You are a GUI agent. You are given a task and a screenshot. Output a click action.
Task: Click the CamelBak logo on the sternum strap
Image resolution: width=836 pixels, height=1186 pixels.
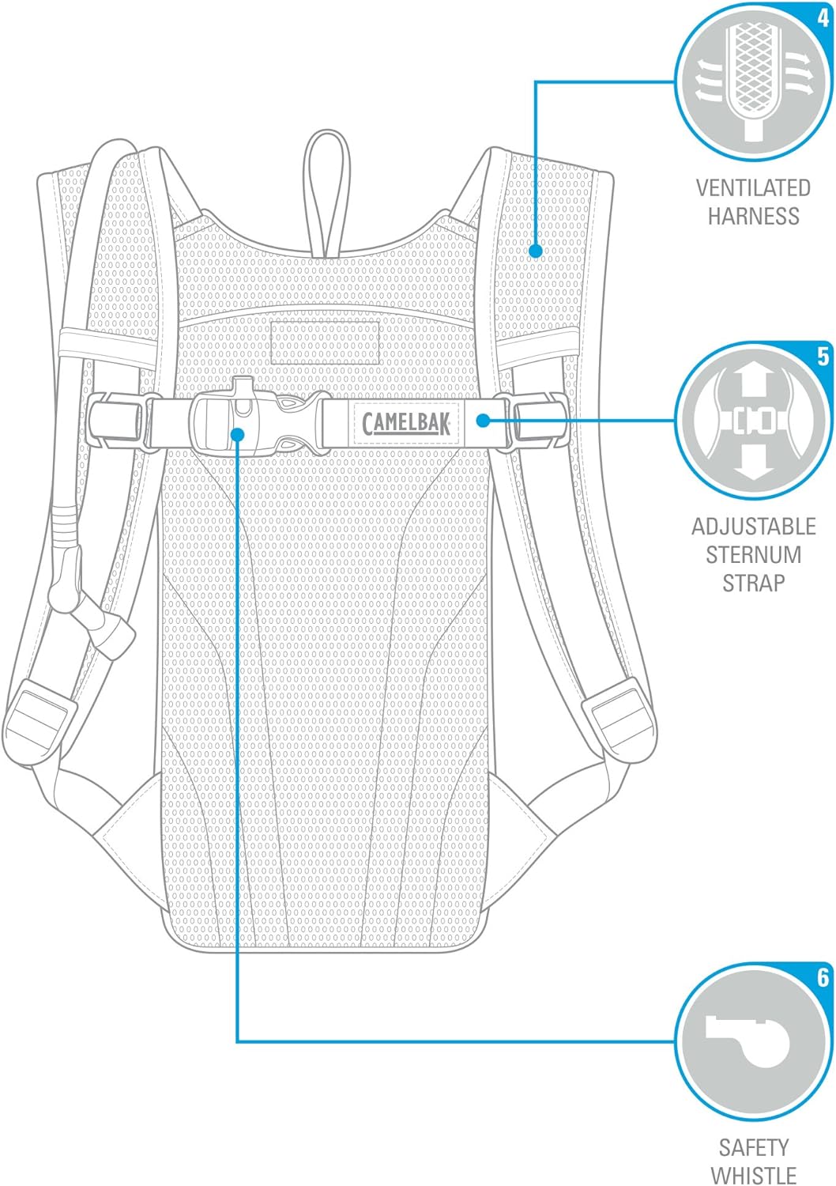406,422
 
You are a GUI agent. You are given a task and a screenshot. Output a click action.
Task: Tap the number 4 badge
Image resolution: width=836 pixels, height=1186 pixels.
823,18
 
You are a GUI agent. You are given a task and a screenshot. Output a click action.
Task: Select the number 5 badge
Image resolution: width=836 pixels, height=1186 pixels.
823,357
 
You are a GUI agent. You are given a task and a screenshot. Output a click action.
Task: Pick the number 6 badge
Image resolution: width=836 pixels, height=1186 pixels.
823,977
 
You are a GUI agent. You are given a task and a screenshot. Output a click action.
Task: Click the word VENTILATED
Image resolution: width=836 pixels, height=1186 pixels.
753,188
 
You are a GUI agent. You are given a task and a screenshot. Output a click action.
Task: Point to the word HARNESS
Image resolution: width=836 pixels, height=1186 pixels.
754,216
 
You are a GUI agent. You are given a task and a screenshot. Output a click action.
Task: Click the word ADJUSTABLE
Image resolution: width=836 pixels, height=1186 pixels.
754,527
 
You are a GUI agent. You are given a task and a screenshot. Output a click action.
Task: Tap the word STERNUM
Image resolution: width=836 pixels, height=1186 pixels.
754,555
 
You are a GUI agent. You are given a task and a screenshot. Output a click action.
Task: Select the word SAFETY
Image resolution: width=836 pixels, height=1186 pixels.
754,1148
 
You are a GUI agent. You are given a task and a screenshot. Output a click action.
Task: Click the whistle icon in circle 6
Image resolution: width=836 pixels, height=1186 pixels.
748,1040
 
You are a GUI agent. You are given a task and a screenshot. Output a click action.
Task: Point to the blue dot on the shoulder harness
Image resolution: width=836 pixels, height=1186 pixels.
536,251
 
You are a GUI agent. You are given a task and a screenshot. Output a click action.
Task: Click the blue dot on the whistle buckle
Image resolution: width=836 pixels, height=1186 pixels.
238,433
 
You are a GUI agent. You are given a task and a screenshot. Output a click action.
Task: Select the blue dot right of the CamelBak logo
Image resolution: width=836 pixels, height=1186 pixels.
482,421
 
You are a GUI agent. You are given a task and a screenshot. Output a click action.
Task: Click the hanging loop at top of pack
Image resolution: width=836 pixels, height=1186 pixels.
326,193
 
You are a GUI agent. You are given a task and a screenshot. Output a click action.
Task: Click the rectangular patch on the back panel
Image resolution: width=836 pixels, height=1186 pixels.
325,342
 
